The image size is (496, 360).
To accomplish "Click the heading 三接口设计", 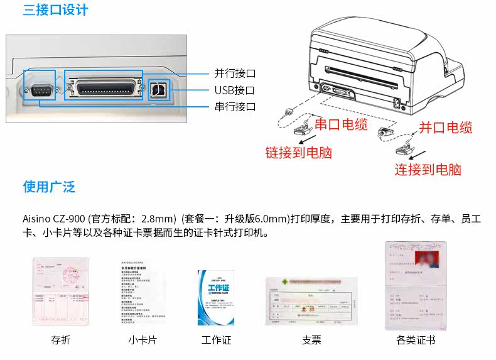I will pos(56,11).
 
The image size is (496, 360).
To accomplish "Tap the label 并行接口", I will pos(235,74).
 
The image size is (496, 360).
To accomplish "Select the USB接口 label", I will pos(234,90).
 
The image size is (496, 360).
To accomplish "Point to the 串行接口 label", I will pos(235,107).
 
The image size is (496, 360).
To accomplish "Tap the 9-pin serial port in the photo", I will pos(41,91).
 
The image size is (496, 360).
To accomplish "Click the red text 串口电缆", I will pos(341,124).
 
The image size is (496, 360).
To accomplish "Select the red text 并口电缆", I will pos(446,128).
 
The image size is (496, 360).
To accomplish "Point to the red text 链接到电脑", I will pos(298,152).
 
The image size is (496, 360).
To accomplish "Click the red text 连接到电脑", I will pos(428,169).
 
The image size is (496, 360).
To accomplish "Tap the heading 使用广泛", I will pos(49,187).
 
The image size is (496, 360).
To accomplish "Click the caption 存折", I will pos(61,340).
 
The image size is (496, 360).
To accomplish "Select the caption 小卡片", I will pos(143,340).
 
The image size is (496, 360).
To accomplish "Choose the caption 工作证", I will pos(217,340).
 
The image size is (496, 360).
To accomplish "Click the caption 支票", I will pos(311,340).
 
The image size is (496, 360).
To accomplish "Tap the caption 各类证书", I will pos(416,340).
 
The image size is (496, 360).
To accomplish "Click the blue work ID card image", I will pos(215,297).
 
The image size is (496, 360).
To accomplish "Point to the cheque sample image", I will pos(311,301).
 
